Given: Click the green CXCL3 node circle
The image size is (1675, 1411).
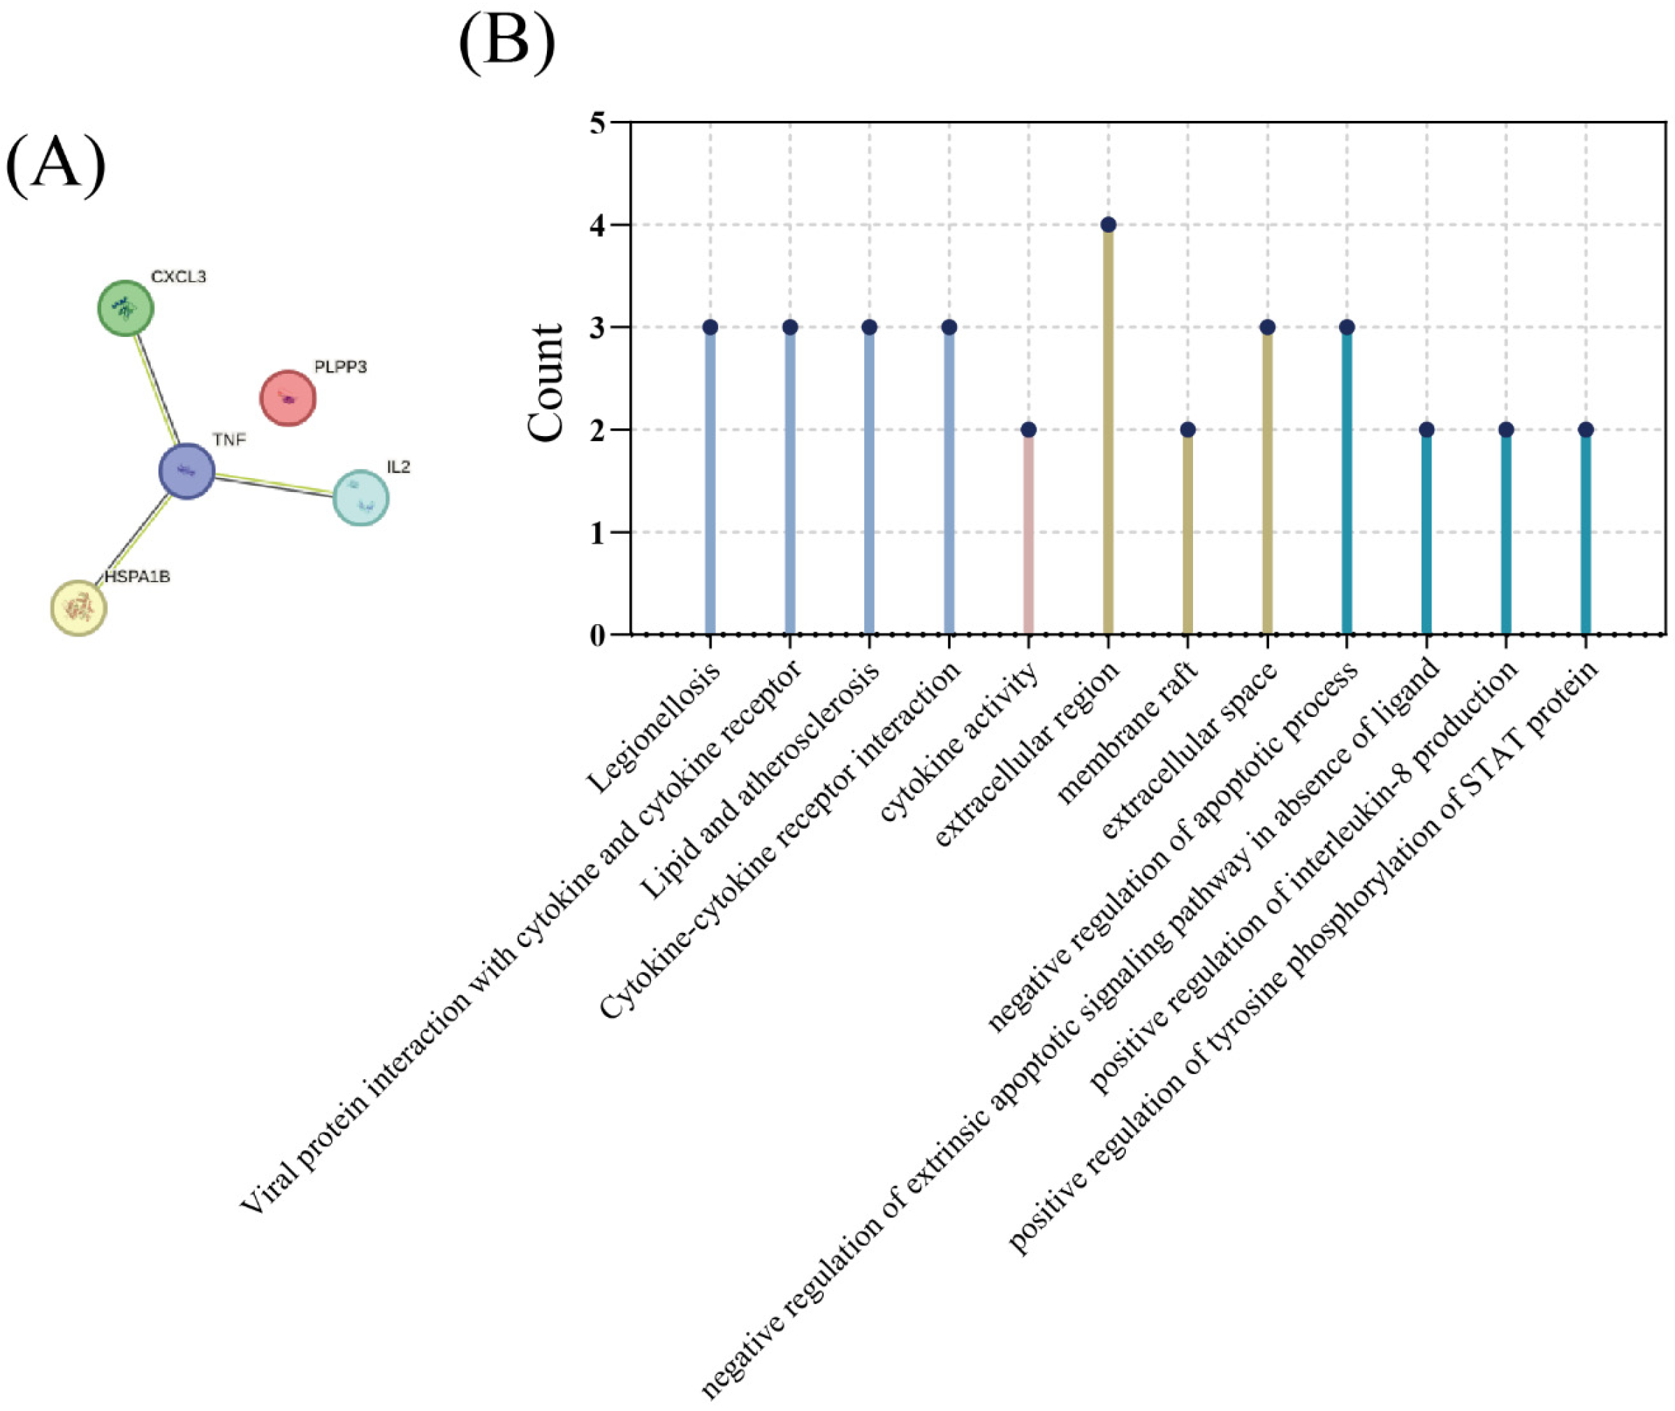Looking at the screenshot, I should click(x=126, y=308).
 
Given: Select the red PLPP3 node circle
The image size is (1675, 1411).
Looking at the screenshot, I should click(x=288, y=398).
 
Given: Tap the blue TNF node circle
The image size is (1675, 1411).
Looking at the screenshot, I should click(x=187, y=471).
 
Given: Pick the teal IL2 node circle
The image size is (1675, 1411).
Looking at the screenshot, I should click(x=360, y=498).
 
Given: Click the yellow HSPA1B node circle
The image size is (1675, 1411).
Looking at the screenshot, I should click(x=78, y=608).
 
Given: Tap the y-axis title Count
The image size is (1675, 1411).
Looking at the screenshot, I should click(x=547, y=382).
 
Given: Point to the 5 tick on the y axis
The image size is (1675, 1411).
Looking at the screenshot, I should click(x=598, y=122).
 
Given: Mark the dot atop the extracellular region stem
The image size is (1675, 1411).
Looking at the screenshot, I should click(x=1108, y=225).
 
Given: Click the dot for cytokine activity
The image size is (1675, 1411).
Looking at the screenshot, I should click(x=1028, y=430).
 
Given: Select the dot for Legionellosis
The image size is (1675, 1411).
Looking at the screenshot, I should click(x=710, y=327).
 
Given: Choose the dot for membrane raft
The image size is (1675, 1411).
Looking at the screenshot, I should click(x=1188, y=430).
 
